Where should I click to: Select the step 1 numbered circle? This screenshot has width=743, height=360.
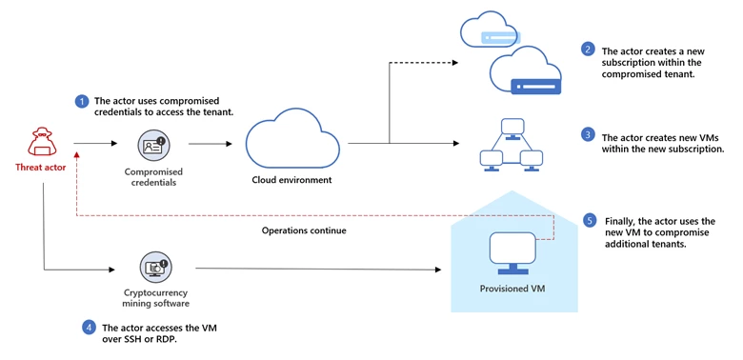pos(83,100)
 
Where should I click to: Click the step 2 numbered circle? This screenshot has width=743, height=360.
pos(588,49)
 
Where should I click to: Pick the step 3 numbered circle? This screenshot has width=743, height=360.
pos(588,136)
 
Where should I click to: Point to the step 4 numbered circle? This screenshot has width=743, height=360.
pos(89,327)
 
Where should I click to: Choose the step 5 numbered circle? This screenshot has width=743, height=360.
pos(590,221)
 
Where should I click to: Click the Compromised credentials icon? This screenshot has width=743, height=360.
pos(152,145)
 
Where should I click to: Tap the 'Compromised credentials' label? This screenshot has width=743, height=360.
pos(152,177)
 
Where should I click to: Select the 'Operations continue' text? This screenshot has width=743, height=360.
pos(297,230)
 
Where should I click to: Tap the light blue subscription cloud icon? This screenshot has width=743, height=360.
pos(491,34)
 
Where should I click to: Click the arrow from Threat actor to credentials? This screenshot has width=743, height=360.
pos(95,145)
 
